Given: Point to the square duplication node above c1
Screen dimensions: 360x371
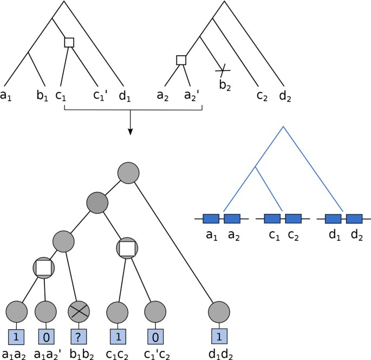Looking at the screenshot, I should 69,42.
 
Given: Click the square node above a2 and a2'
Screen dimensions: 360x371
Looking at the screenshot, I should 181,60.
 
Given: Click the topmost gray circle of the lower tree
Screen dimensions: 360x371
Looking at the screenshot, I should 128,173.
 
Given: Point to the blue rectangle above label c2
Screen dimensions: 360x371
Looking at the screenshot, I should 293,219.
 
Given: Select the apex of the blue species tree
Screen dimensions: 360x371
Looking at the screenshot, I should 283,128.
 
